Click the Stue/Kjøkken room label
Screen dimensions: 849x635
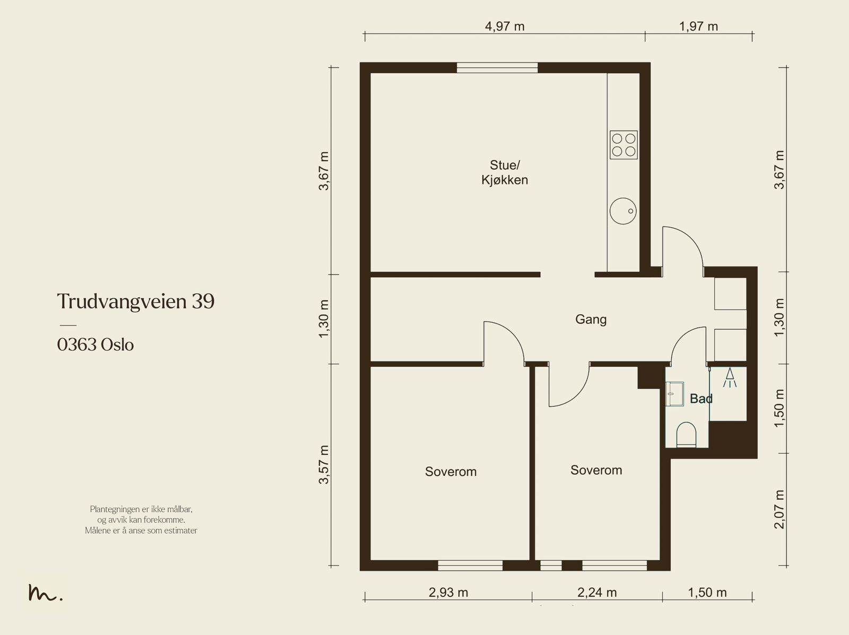[505, 173]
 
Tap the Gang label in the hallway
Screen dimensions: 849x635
[591, 320]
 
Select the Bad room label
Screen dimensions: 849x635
[701, 398]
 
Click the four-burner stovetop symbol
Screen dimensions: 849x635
[623, 145]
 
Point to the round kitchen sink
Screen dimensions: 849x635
[623, 211]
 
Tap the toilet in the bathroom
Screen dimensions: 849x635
[686, 435]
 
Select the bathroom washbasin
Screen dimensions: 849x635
[674, 394]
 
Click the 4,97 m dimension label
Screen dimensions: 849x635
[505, 27]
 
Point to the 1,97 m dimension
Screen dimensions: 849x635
[698, 27]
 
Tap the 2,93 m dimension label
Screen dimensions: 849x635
[448, 592]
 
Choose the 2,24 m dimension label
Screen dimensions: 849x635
[597, 592]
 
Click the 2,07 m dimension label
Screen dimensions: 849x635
[779, 509]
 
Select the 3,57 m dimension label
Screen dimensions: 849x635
[323, 464]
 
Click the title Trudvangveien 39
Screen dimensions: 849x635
[136, 301]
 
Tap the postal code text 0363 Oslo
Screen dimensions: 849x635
[95, 345]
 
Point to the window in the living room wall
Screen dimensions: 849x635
[497, 68]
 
